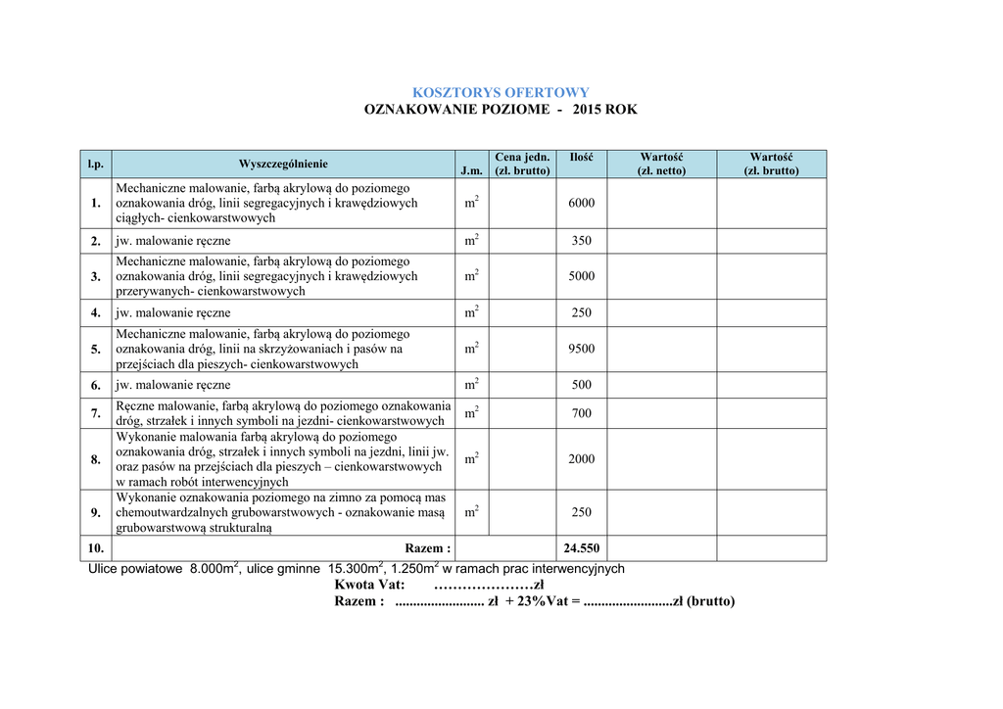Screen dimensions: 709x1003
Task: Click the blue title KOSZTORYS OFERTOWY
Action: [x=501, y=92]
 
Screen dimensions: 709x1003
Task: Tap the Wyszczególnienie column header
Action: [x=283, y=164]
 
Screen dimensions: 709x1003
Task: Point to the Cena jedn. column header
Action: [x=522, y=164]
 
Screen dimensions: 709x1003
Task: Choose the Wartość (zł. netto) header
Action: [x=661, y=164]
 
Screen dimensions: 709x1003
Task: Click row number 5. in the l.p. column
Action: [x=96, y=350]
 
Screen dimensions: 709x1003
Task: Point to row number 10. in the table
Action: [x=95, y=548]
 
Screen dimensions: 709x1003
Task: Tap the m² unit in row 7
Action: [x=471, y=413]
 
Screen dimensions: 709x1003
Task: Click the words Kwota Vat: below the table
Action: [x=369, y=585]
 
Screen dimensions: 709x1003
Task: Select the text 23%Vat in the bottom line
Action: [x=544, y=601]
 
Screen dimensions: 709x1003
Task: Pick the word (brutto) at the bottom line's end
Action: [x=710, y=601]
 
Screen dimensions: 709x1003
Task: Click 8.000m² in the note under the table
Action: [x=215, y=568]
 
